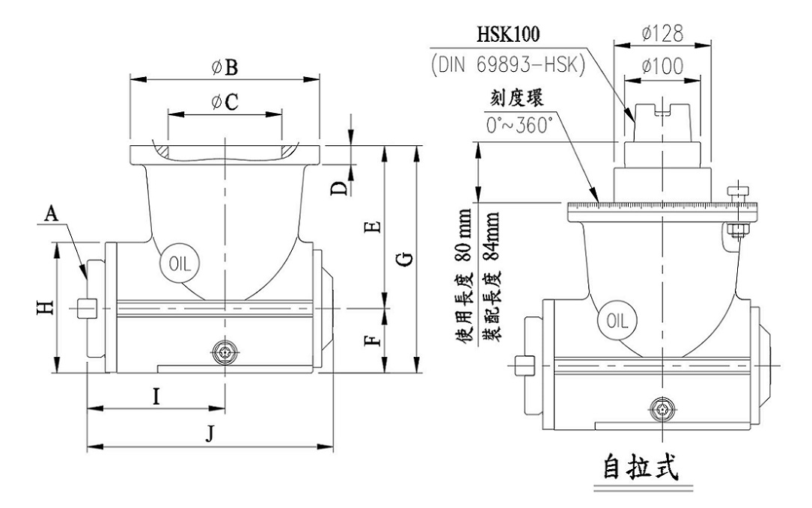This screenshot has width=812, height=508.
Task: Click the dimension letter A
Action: (51, 215)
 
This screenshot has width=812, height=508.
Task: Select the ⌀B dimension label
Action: (225, 68)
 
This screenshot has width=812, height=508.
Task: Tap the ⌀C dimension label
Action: (225, 103)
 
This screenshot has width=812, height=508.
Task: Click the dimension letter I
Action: (156, 397)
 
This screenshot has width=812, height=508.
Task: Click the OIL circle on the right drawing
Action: (617, 321)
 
